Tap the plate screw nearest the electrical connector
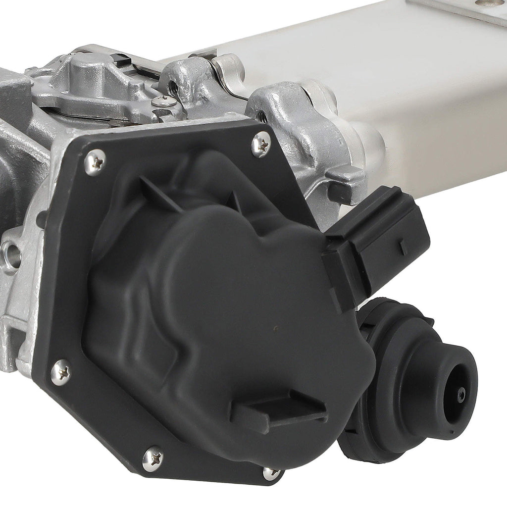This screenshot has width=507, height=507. (x=261, y=144)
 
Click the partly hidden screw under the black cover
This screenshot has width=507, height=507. (x=271, y=473)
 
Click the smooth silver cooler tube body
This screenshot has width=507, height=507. (x=421, y=99)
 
